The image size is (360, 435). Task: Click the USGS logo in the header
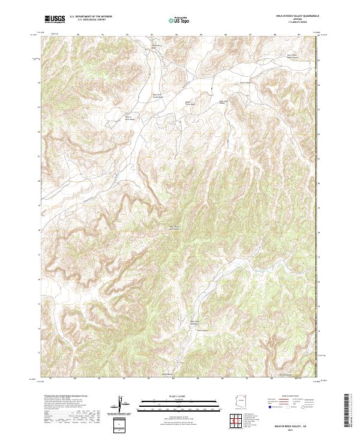pos(55,19)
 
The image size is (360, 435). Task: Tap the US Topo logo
pos(179,20)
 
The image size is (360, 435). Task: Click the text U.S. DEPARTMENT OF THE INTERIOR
pos(90,17)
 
